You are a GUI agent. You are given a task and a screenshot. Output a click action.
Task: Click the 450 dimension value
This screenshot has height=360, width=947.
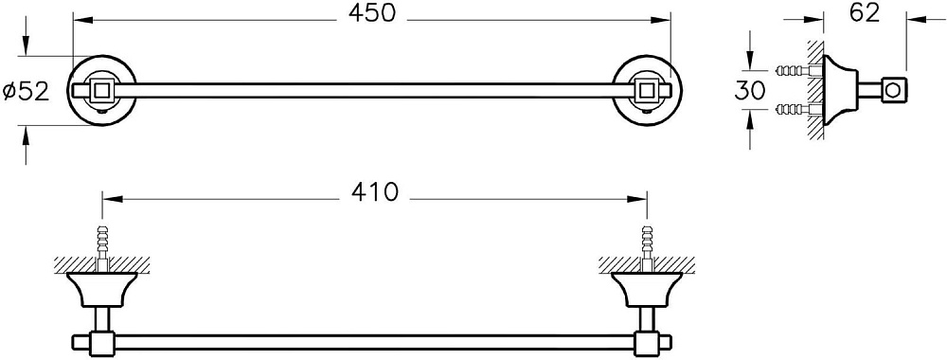point(371,14)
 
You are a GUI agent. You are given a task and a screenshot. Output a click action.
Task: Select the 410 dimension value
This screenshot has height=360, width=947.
point(375,191)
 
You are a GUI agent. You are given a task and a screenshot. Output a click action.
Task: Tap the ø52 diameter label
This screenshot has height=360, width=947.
point(26,91)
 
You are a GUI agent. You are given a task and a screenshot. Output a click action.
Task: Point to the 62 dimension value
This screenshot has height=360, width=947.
point(865,13)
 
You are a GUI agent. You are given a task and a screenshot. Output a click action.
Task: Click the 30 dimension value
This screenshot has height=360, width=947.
point(749,90)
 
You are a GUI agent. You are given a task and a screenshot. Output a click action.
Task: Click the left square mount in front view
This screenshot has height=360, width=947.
point(101,91)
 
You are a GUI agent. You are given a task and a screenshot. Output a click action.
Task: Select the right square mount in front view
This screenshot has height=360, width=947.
point(648,91)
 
